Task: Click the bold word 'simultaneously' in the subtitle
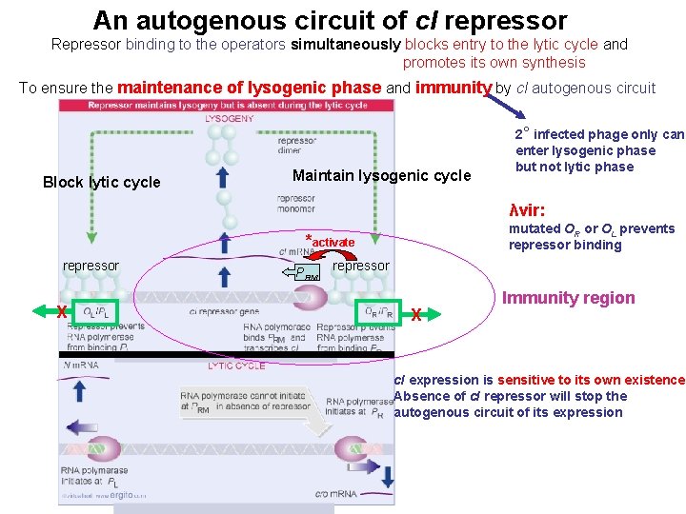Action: pyautogui.click(x=347, y=44)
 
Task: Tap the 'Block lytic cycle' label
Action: pyautogui.click(x=102, y=183)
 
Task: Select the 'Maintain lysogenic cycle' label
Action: pyautogui.click(x=381, y=175)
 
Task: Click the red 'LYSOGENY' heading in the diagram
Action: pyautogui.click(x=230, y=119)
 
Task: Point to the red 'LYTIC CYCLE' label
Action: pyautogui.click(x=236, y=366)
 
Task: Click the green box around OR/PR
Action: pyautogui.click(x=378, y=312)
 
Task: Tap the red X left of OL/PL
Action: pyautogui.click(x=61, y=311)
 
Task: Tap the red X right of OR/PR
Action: pyautogui.click(x=416, y=314)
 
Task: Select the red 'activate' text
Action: pyautogui.click(x=333, y=243)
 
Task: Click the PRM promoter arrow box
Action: pyautogui.click(x=302, y=272)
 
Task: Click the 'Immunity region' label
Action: pyautogui.click(x=568, y=298)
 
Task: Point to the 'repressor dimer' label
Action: pyautogui.click(x=296, y=145)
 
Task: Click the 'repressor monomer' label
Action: pyautogui.click(x=296, y=205)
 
